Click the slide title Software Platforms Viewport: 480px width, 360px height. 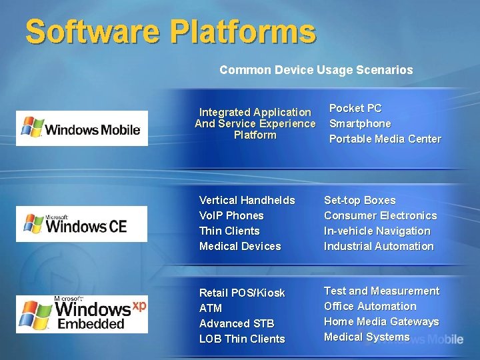(x=170, y=32)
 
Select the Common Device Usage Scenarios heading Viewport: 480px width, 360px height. (x=316, y=69)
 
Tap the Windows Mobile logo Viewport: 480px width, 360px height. (x=82, y=128)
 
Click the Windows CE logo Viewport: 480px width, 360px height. (x=82, y=224)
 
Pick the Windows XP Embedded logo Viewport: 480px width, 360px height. (x=82, y=314)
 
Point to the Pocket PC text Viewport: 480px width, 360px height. (x=355, y=108)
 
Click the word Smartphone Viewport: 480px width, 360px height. (x=360, y=123)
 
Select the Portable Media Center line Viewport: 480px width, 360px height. (x=385, y=139)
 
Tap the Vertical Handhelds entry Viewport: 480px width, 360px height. (x=247, y=200)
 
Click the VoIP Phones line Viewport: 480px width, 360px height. (x=231, y=215)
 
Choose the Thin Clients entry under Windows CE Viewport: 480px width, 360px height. (x=229, y=231)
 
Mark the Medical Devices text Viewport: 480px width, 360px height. (x=240, y=246)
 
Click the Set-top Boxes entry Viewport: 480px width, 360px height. (x=359, y=200)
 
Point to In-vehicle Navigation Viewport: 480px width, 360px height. (x=377, y=231)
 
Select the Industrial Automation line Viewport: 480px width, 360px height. (x=379, y=246)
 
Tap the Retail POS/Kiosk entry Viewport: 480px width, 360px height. (x=242, y=293)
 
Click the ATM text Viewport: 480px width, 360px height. (x=211, y=308)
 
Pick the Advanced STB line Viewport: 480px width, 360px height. (x=237, y=323)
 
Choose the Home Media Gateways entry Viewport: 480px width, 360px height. (x=381, y=321)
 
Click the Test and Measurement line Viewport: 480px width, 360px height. (x=381, y=291)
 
